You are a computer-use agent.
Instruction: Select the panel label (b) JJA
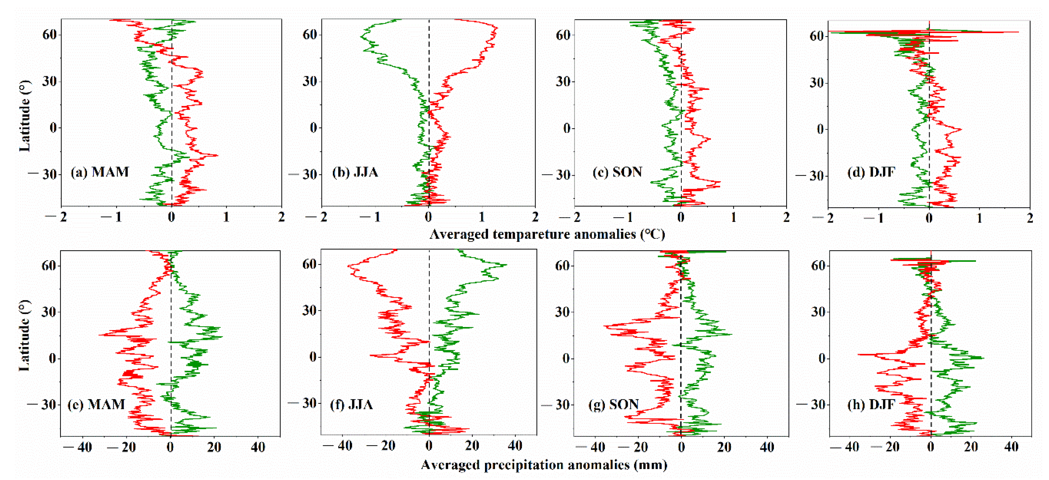(x=355, y=172)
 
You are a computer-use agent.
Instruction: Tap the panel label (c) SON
(x=617, y=172)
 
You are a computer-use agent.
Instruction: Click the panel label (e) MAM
(x=96, y=404)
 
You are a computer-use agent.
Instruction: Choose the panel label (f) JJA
(x=352, y=404)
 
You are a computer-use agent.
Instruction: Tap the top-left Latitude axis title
(x=25, y=116)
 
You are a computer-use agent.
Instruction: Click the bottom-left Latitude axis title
(x=25, y=336)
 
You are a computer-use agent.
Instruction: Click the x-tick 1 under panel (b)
(x=482, y=217)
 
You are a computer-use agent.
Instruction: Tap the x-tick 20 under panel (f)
(x=472, y=446)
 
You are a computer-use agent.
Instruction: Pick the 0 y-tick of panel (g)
(x=566, y=359)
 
